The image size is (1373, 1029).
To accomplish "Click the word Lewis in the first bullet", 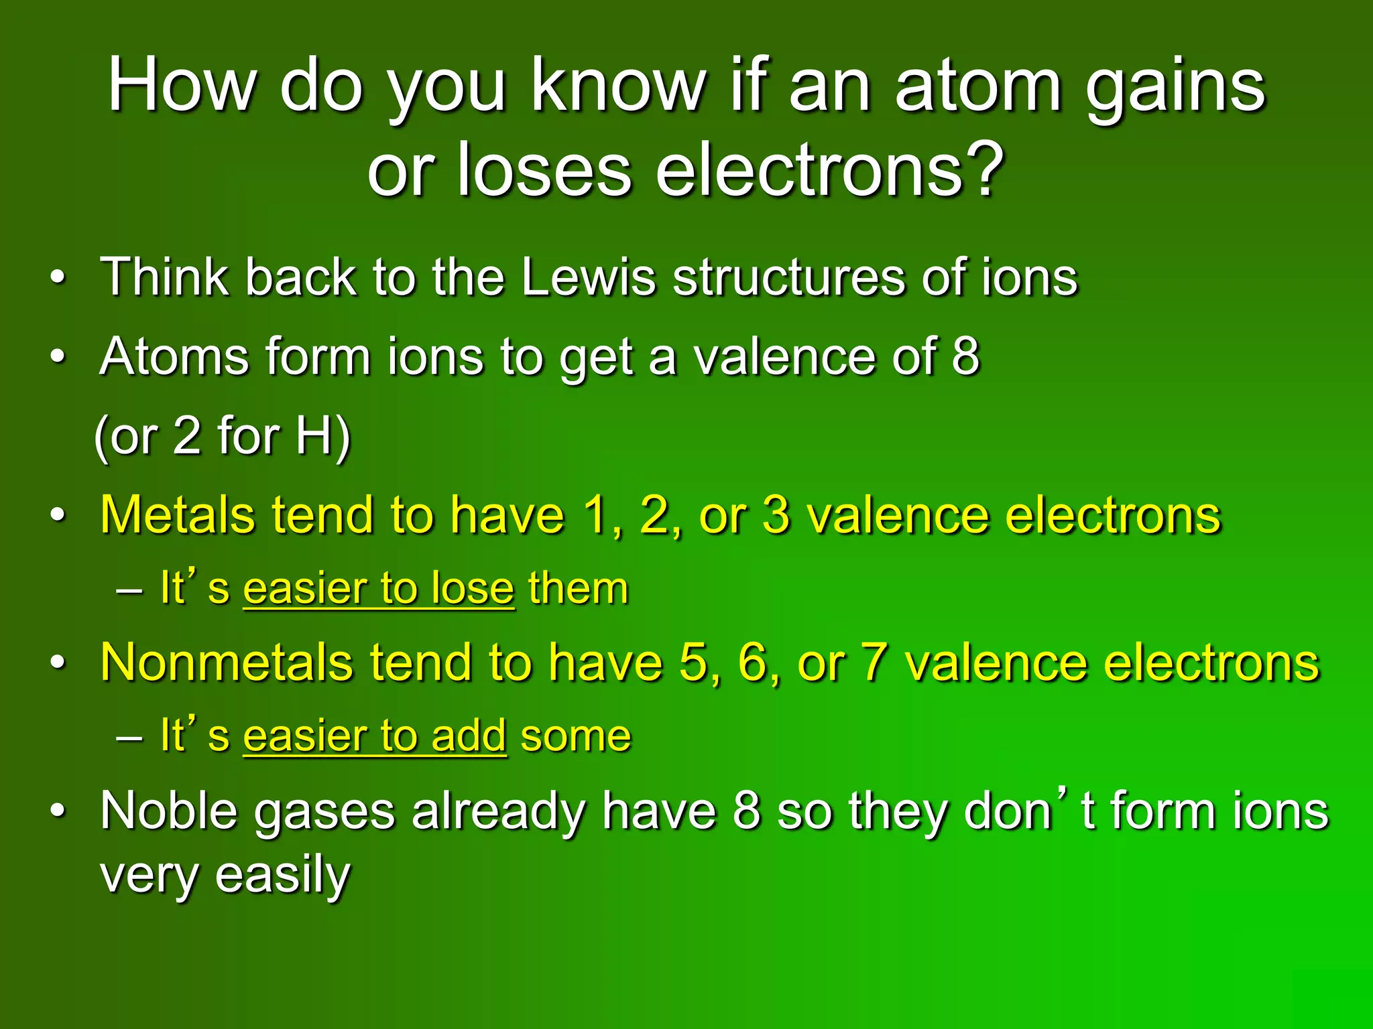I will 588,277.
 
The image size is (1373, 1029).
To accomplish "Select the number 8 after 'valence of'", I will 965,356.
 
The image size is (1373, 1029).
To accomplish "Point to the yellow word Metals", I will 178,515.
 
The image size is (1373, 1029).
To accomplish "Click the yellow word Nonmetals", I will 226,663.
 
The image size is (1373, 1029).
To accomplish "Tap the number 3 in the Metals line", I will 776,515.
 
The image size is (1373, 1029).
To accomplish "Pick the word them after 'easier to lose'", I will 578,589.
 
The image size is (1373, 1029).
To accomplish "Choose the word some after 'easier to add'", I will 576,736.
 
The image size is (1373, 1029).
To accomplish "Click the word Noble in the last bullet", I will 168,811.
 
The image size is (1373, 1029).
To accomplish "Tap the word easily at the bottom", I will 282,875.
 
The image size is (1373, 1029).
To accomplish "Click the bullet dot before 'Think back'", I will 58,277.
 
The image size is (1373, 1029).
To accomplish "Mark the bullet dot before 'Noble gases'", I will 58,811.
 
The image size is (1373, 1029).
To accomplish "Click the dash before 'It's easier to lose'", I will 129,590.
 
